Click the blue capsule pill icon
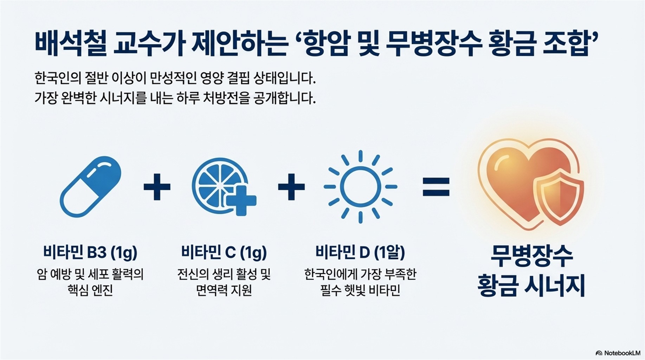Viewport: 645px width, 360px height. [x=90, y=187]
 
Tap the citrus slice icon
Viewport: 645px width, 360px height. [x=220, y=185]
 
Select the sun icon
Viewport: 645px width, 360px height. [x=360, y=187]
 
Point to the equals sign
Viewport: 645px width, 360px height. [x=436, y=187]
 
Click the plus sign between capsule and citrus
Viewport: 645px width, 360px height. [x=157, y=187]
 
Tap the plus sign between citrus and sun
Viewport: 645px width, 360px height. [x=291, y=187]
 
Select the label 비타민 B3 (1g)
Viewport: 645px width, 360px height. [x=90, y=252]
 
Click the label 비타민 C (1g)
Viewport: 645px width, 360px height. [x=224, y=252]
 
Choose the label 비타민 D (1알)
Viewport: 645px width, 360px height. [x=360, y=252]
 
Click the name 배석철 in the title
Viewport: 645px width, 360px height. [x=70, y=44]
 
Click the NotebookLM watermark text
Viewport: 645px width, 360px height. [x=622, y=353]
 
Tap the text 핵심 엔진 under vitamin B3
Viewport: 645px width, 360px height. [x=90, y=290]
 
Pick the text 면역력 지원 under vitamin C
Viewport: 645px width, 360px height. [x=224, y=290]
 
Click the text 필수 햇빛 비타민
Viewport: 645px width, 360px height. [x=360, y=290]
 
